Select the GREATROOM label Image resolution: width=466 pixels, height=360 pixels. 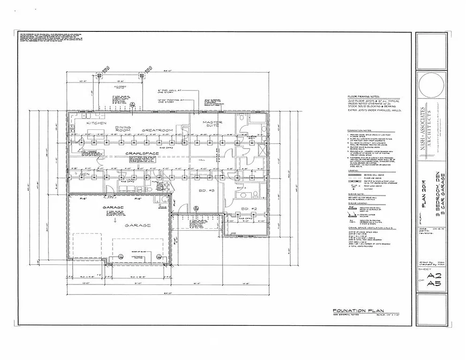point(158,130)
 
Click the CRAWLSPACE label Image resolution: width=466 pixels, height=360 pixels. point(142,153)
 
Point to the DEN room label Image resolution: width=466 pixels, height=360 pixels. point(84,175)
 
